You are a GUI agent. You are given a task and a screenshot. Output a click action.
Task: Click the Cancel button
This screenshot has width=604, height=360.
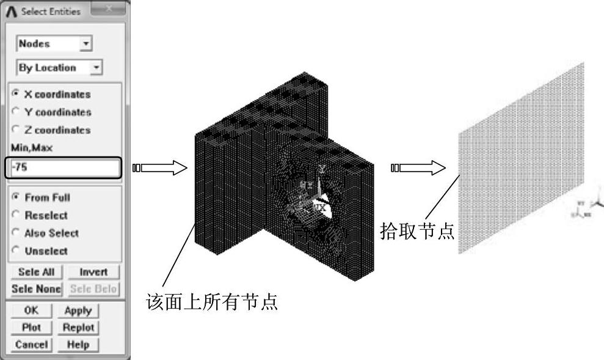coord(31,345)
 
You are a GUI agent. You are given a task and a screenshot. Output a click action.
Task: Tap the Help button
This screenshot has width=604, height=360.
coord(81,345)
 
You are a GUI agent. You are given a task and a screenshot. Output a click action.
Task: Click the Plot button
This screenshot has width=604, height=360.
coord(31,327)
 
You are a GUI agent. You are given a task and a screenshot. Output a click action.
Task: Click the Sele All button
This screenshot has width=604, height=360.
coord(36,272)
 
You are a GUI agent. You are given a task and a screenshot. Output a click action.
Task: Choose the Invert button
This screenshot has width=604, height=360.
coord(93,272)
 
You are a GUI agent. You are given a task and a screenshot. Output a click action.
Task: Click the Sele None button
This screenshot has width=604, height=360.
coord(36,288)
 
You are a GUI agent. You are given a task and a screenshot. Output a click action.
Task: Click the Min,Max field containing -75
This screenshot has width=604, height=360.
coord(64,168)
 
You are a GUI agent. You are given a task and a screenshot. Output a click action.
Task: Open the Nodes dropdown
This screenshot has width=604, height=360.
coord(54,44)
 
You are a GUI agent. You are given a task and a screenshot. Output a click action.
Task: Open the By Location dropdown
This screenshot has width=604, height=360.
coord(60,67)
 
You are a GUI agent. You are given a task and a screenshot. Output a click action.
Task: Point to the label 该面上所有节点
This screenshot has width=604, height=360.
coord(213,302)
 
